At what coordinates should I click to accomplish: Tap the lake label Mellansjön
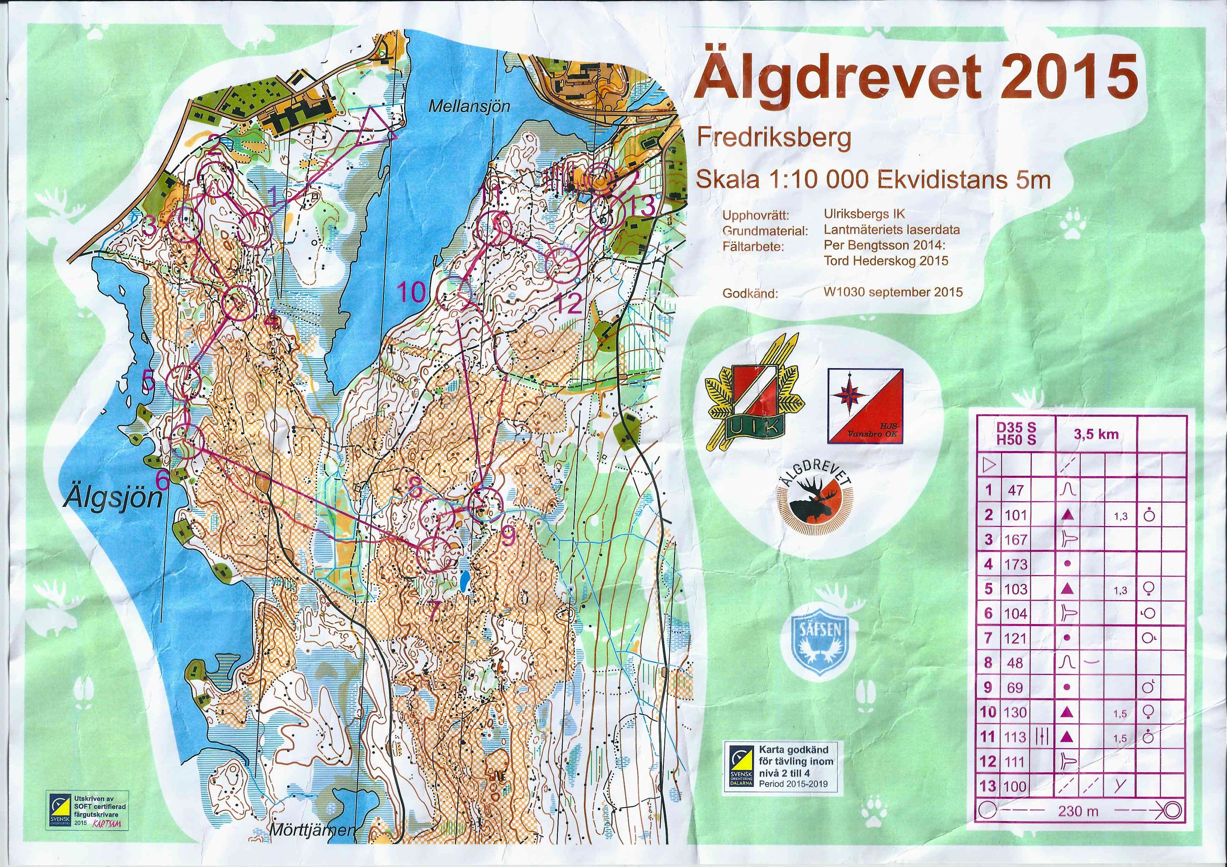469,106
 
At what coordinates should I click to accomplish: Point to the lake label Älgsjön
113,499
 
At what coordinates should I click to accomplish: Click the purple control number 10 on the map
411,292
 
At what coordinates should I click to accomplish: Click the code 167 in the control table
1015,539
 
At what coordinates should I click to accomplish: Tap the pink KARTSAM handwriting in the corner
107,824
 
